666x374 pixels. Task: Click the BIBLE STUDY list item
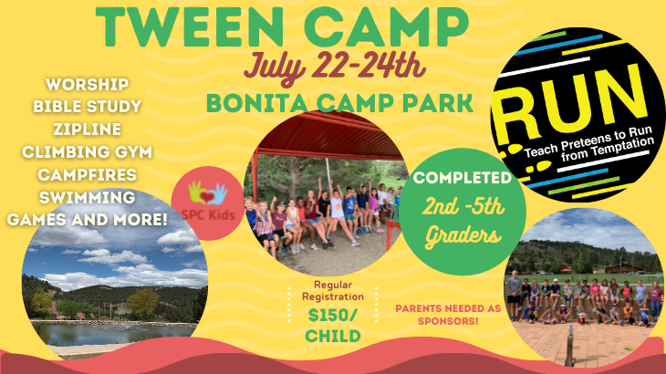pyautogui.click(x=88, y=107)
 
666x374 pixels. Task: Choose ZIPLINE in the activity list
pyautogui.click(x=88, y=130)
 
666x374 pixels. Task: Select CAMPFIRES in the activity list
pyautogui.click(x=88, y=174)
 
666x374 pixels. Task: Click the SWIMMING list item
pyautogui.click(x=88, y=197)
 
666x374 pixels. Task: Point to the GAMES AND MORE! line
pyautogui.click(x=88, y=219)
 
